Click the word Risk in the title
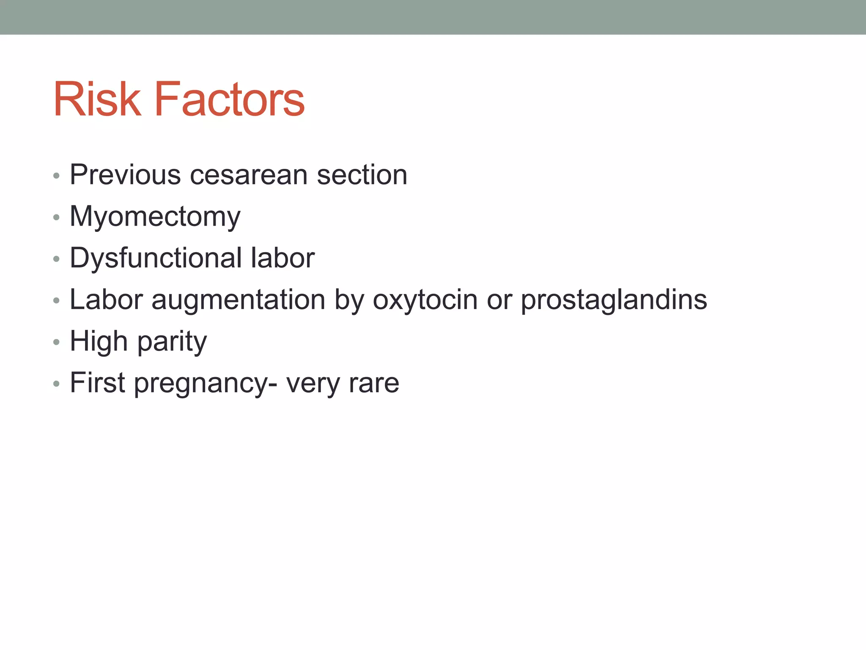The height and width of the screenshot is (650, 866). coord(97,99)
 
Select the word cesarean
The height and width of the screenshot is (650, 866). coord(249,175)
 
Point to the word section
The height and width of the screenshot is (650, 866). coord(362,175)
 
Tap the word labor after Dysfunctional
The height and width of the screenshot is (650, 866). coord(282,258)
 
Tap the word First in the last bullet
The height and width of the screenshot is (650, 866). coord(97,383)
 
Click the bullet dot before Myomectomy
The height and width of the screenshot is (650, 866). coord(56,218)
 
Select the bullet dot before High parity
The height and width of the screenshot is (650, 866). coord(56,342)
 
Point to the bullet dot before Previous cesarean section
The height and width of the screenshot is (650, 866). coord(56,176)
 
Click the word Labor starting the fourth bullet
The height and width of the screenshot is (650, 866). coord(106,300)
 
